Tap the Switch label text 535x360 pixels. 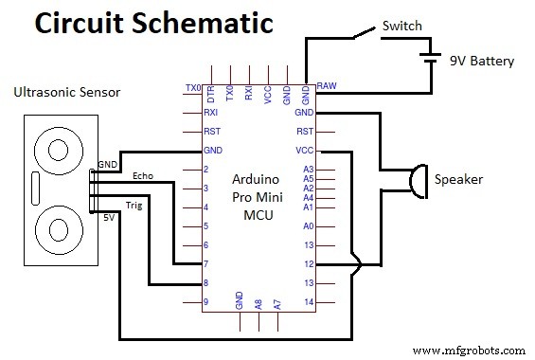coord(401,26)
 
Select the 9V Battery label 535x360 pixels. coord(480,63)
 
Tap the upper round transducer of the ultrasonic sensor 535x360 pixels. coord(51,147)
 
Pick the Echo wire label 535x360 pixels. coord(142,176)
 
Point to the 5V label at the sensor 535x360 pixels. coord(110,217)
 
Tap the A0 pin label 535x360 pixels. coord(307,226)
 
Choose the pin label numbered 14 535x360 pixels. coord(307,301)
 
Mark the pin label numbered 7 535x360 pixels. coord(205,264)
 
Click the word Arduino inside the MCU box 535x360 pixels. coord(257,179)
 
